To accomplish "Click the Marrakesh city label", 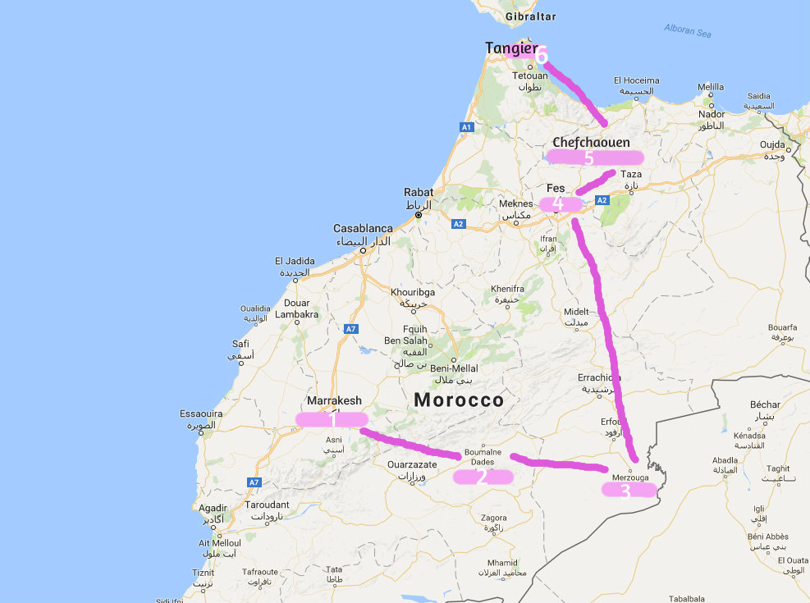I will pos(334,400).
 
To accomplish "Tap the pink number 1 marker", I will pos(332,419).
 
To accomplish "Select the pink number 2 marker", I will pos(483,476).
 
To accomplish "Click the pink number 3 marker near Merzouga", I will pos(625,491).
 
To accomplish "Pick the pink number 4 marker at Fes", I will pos(558,203).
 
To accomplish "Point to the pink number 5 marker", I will pos(588,157).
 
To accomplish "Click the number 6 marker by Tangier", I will pos(542,56).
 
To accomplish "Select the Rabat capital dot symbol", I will pos(418,215).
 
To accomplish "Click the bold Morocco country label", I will pos(459,400).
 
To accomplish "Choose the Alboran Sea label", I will pos(687,30).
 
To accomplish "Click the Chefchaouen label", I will pos(591,142).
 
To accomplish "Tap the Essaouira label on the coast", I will pos(201,413).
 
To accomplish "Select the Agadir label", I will pos(213,509).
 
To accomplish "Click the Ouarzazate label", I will pos(412,464).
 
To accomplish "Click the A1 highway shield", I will pos(466,128).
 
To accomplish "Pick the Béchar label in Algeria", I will pos(765,404).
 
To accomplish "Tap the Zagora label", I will pos(493,518).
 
